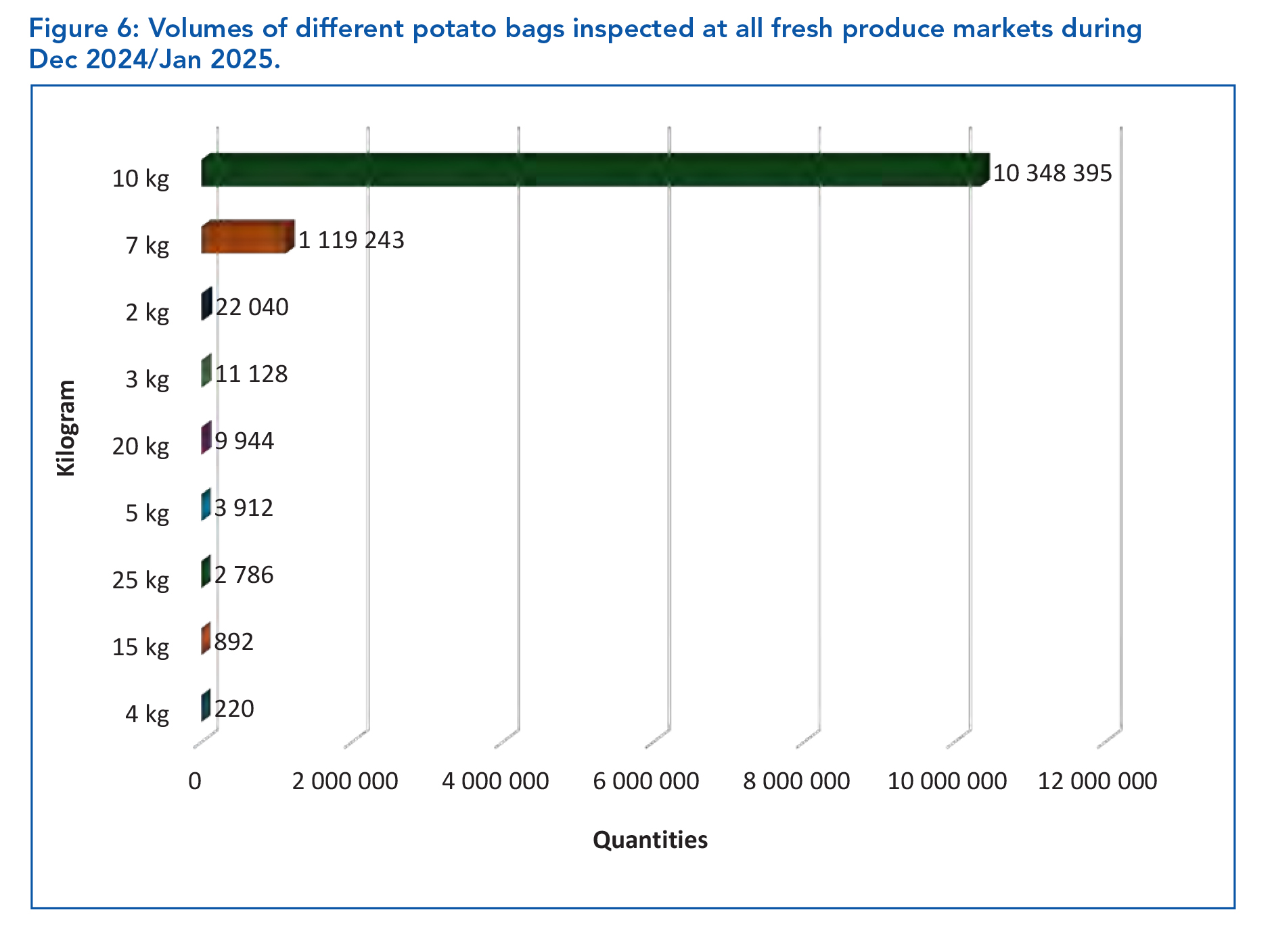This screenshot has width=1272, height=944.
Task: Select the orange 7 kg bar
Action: [x=247, y=237]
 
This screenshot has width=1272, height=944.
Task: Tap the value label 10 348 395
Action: [x=1052, y=173]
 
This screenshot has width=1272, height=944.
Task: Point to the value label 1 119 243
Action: [x=351, y=240]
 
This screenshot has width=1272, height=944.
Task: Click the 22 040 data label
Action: [x=252, y=307]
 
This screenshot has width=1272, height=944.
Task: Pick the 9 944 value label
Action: [x=244, y=441]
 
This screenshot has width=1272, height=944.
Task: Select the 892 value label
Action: [x=234, y=642]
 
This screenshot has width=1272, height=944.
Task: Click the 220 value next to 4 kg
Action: [x=234, y=709]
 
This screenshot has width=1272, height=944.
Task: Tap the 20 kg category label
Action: [x=141, y=446]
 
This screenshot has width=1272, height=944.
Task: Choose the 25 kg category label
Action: [x=141, y=580]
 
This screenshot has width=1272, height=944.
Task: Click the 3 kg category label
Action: [x=147, y=379]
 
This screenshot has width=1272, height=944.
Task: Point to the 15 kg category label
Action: [x=141, y=647]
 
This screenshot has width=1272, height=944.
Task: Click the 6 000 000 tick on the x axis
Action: [x=645, y=781]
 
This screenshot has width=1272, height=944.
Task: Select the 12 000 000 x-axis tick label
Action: [x=1097, y=781]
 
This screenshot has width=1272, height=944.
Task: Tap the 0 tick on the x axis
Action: [x=195, y=781]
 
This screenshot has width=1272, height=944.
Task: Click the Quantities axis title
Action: [x=650, y=840]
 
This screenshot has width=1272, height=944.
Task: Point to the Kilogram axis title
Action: [x=66, y=428]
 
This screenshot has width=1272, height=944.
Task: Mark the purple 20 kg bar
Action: [x=206, y=438]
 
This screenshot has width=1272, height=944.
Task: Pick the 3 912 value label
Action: [x=244, y=508]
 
